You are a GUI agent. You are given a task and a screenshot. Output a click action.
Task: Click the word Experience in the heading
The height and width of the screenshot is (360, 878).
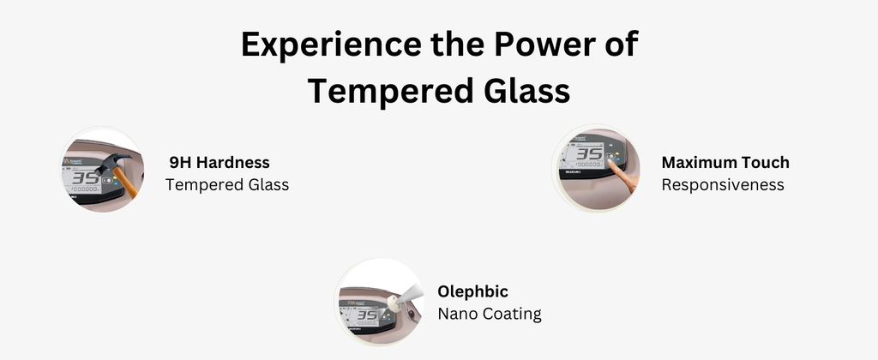click(331, 45)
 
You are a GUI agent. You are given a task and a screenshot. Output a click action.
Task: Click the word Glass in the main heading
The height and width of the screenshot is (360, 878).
click(527, 90)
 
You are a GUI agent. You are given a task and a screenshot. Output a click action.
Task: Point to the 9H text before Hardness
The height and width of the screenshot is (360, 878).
click(180, 162)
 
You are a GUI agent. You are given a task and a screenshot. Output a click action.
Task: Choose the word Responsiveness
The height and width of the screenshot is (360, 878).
click(723, 185)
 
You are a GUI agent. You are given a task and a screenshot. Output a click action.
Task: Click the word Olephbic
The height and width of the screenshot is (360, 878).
click(473, 291)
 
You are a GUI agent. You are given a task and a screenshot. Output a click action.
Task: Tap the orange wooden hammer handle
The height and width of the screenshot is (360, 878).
click(126, 183)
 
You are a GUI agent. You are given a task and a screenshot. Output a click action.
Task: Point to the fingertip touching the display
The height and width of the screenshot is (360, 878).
click(610, 162)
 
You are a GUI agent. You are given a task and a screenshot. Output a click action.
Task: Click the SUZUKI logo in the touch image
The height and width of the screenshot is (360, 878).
click(573, 172)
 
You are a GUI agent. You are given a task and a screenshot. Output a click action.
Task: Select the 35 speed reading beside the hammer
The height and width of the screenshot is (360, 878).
click(86, 178)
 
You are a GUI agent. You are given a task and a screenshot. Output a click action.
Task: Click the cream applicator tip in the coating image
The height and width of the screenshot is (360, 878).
click(394, 304)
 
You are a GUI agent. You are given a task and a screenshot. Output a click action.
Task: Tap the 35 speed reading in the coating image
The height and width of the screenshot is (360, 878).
click(367, 315)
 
